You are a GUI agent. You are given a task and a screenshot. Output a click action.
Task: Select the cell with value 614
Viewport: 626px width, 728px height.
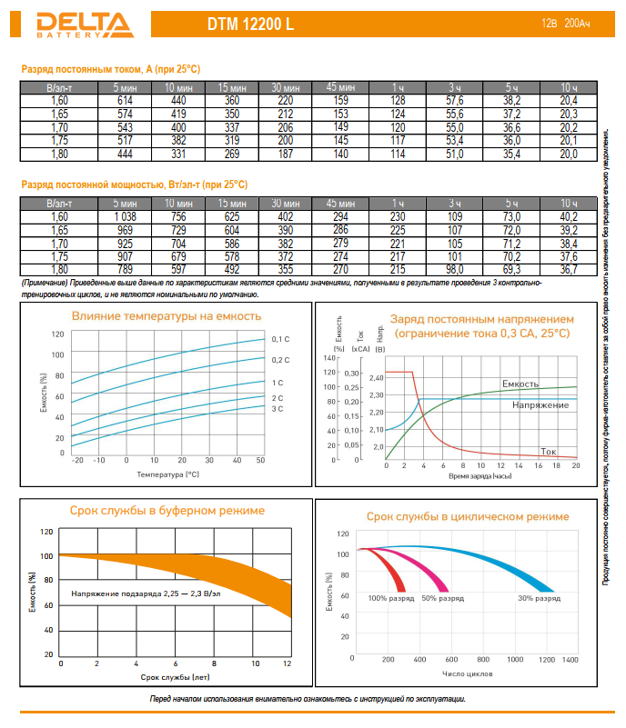click(x=125, y=99)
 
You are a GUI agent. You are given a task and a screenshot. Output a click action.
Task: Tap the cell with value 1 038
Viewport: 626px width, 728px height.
click(x=125, y=216)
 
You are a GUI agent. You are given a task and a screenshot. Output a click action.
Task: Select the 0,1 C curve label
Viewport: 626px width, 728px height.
click(x=280, y=339)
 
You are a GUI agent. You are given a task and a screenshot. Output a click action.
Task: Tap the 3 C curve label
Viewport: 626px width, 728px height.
click(x=278, y=410)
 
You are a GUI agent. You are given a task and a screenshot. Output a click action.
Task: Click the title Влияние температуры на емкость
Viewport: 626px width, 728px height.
click(x=167, y=316)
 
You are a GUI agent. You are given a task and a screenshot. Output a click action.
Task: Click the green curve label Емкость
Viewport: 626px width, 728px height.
click(x=520, y=384)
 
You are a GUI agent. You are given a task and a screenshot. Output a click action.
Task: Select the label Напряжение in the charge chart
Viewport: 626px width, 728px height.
click(x=540, y=404)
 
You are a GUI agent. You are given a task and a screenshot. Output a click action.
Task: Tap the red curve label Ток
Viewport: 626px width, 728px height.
click(x=549, y=450)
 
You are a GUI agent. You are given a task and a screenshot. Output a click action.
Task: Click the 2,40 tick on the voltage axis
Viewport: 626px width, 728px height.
click(x=378, y=376)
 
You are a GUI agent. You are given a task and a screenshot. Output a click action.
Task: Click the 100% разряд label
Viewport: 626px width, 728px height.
click(x=391, y=598)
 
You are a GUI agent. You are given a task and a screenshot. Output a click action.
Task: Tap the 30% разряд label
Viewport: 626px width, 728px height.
click(x=539, y=598)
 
